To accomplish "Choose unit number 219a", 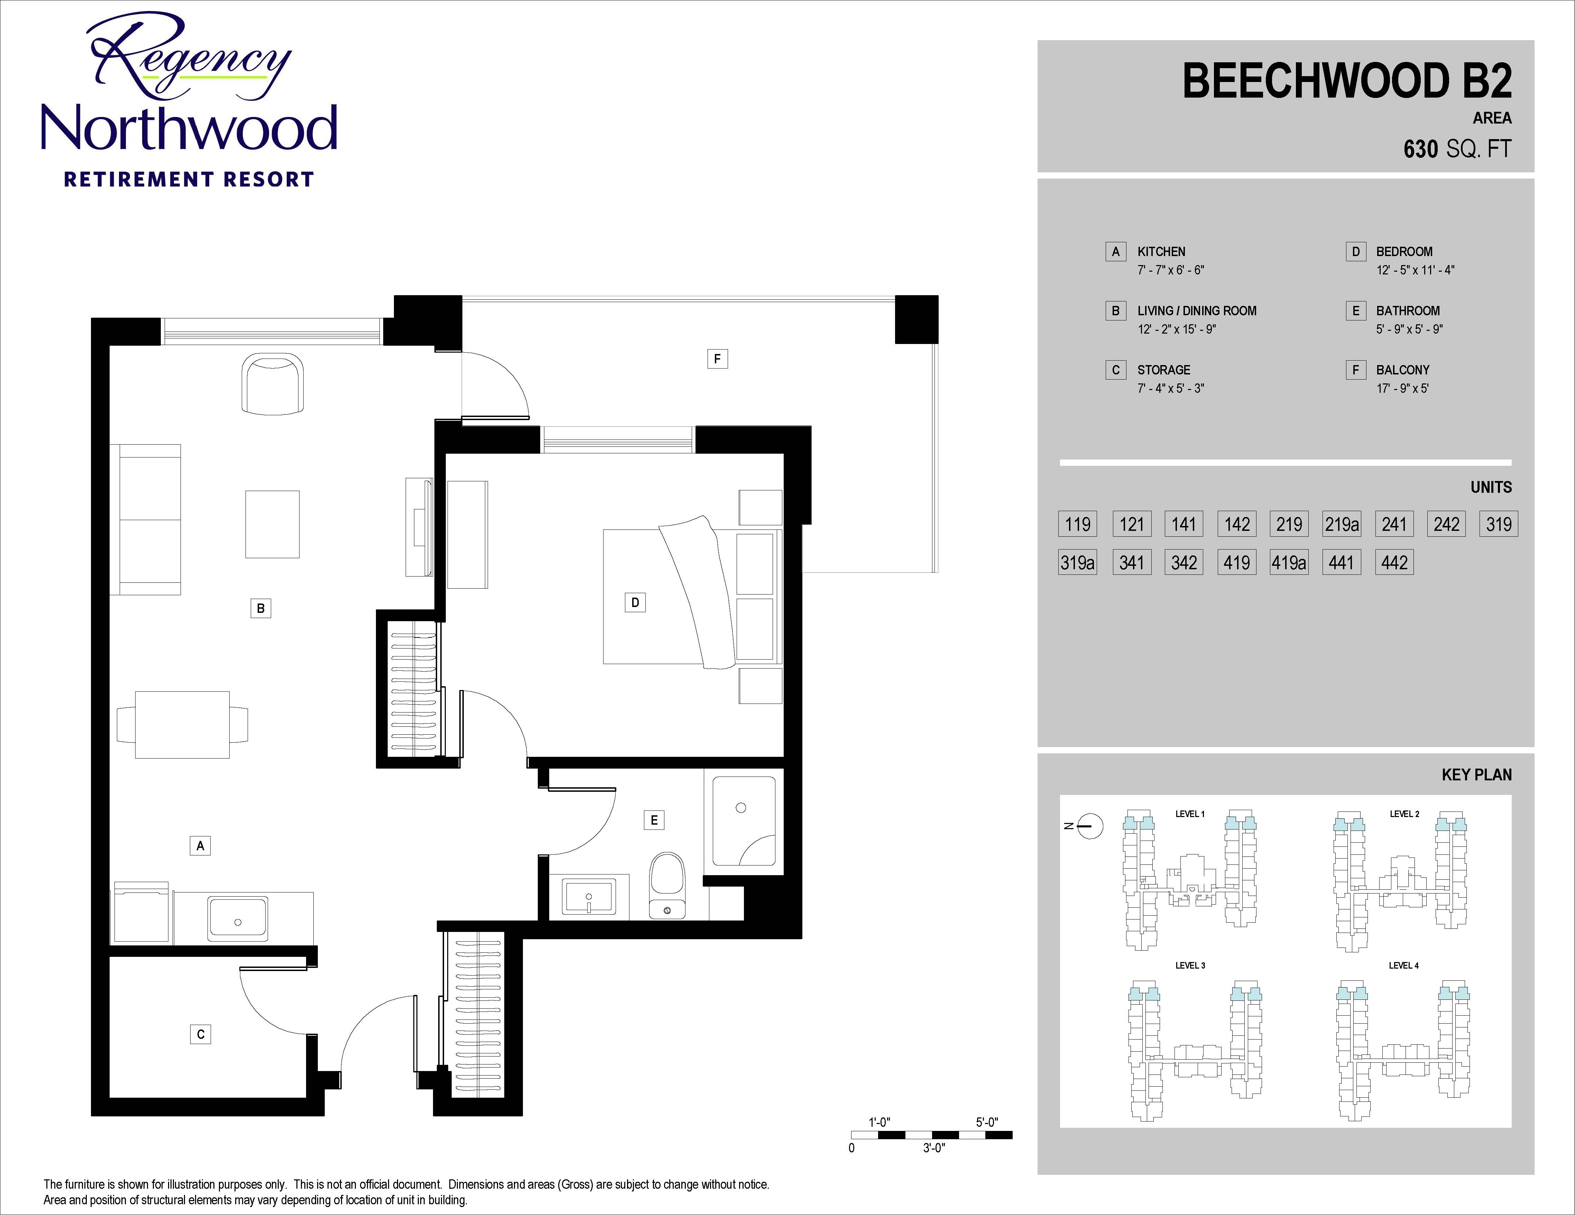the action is pos(1341,524).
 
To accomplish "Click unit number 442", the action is pos(1394,562).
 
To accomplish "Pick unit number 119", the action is pos(1077,524).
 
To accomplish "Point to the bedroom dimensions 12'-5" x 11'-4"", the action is pos(1415,270).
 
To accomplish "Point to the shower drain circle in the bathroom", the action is pos(740,807).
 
